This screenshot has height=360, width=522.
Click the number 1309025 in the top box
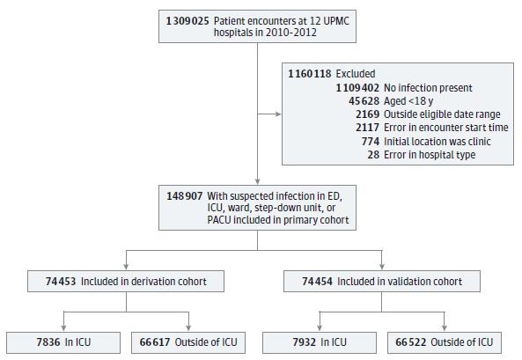pos(187,21)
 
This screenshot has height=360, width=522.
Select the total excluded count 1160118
pos(310,74)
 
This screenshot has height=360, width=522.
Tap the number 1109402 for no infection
pos(357,88)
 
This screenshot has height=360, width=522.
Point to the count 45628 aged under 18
pos(364,101)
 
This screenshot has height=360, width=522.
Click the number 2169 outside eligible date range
pos(368,114)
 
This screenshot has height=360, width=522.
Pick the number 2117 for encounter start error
pos(368,128)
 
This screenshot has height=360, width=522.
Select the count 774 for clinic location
pos(371,142)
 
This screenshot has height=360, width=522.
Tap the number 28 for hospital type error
pos(373,155)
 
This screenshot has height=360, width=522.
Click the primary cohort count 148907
pos(185,195)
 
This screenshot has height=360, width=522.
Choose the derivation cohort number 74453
pos(61,282)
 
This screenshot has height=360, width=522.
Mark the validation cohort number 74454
pos(317,282)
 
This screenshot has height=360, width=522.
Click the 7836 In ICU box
pos(63,342)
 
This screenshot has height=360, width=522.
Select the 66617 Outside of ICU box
pos(188,342)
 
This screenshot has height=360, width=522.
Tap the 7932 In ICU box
pos(320,342)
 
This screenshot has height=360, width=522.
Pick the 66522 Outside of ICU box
pos(445,342)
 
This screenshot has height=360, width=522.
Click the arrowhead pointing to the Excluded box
pos(278,114)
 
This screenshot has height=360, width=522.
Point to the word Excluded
pos(356,74)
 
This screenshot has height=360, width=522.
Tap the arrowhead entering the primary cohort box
pos(257,182)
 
